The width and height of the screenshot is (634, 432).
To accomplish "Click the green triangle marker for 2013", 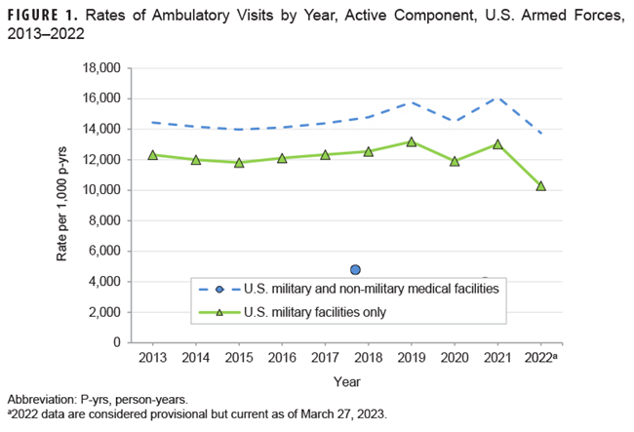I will pyautogui.click(x=152, y=155).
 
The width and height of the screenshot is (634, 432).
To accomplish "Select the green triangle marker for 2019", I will pyautogui.click(x=412, y=141).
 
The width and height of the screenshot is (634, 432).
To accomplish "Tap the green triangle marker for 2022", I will pyautogui.click(x=541, y=185).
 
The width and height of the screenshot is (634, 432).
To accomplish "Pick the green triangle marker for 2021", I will pyautogui.click(x=498, y=144).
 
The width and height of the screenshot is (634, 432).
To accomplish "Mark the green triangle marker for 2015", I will pyautogui.click(x=239, y=162).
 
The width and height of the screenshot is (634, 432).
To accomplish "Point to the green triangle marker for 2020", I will pyautogui.click(x=455, y=161).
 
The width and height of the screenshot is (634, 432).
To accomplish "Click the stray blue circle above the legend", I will pyautogui.click(x=356, y=269).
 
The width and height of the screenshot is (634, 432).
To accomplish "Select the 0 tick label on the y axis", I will pyautogui.click(x=116, y=342).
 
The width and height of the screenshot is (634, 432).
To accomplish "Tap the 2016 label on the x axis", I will pyautogui.click(x=282, y=358).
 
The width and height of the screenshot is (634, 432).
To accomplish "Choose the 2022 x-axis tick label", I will pyautogui.click(x=543, y=358).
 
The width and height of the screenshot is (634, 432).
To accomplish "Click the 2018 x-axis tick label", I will pyautogui.click(x=369, y=358).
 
